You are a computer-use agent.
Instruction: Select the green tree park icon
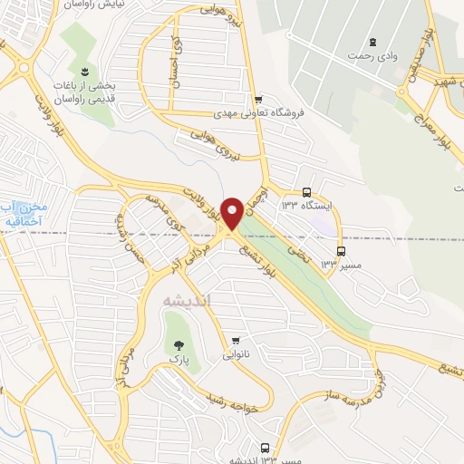[x=178, y=344]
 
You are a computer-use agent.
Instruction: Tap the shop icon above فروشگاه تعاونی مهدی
[x=258, y=100]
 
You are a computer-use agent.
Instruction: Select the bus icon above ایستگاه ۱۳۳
[x=306, y=192]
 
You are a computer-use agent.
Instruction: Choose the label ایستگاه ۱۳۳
[x=306, y=207]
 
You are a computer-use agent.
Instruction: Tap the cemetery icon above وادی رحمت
[x=372, y=42]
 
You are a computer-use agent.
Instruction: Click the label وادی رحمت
[x=372, y=57]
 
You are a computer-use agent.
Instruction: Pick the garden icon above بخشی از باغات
[x=83, y=71]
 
